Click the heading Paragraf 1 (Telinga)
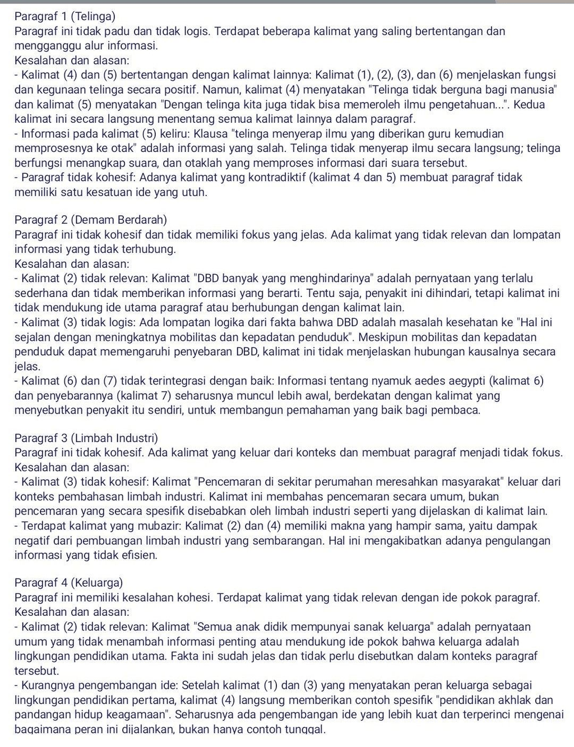pyautogui.click(x=65, y=16)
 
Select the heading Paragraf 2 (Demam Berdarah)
pyautogui.click(x=91, y=220)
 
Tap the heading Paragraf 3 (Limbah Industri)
pyautogui.click(x=86, y=438)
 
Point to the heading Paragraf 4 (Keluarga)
pyautogui.click(x=69, y=583)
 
